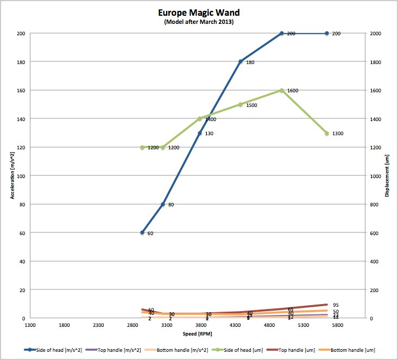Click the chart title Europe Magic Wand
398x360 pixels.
199,12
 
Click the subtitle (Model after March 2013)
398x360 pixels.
199,22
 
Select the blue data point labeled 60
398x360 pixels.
142,232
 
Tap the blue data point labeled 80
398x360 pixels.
163,204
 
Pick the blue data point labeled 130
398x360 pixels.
200,133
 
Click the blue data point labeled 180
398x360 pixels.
241,62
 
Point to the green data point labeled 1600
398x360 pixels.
282,90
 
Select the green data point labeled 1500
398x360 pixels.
241,104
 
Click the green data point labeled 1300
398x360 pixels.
327,133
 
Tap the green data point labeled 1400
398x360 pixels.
200,118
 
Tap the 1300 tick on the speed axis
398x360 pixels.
30,325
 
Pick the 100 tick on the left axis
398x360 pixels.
21,176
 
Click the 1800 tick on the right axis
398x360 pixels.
376,62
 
